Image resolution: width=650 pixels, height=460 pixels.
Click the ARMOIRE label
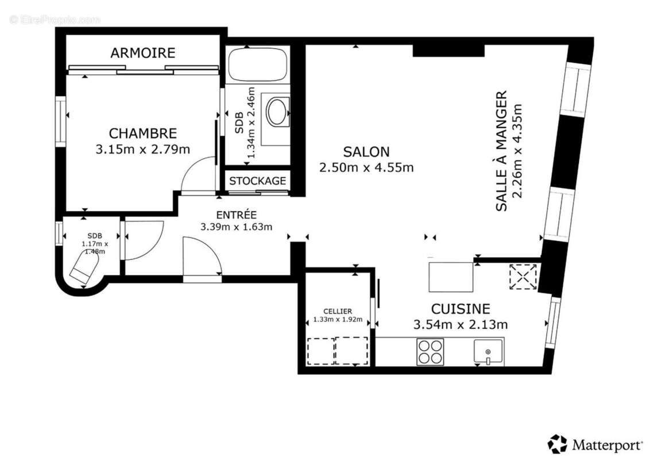(x=142, y=53)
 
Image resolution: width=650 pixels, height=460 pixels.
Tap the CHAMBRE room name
(x=142, y=133)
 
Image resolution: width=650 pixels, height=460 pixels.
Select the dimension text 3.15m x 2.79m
(x=142, y=149)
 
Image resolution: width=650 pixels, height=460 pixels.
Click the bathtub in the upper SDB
(x=257, y=65)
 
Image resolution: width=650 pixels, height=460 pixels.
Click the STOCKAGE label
(x=257, y=181)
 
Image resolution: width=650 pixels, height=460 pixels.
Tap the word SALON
(x=366, y=152)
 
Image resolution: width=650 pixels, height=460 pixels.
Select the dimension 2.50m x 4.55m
(x=366, y=167)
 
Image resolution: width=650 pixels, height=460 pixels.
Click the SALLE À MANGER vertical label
(x=501, y=151)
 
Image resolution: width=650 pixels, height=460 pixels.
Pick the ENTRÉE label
(x=237, y=214)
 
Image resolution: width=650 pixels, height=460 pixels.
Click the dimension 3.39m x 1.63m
(x=236, y=227)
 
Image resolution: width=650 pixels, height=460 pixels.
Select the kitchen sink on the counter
(x=488, y=351)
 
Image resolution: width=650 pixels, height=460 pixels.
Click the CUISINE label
(x=461, y=309)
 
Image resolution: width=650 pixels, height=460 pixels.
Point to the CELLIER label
(x=337, y=311)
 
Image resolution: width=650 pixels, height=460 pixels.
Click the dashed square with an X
(x=523, y=276)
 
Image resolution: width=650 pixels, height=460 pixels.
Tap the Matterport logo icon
(x=557, y=444)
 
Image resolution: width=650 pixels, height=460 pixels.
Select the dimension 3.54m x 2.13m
(x=461, y=324)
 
